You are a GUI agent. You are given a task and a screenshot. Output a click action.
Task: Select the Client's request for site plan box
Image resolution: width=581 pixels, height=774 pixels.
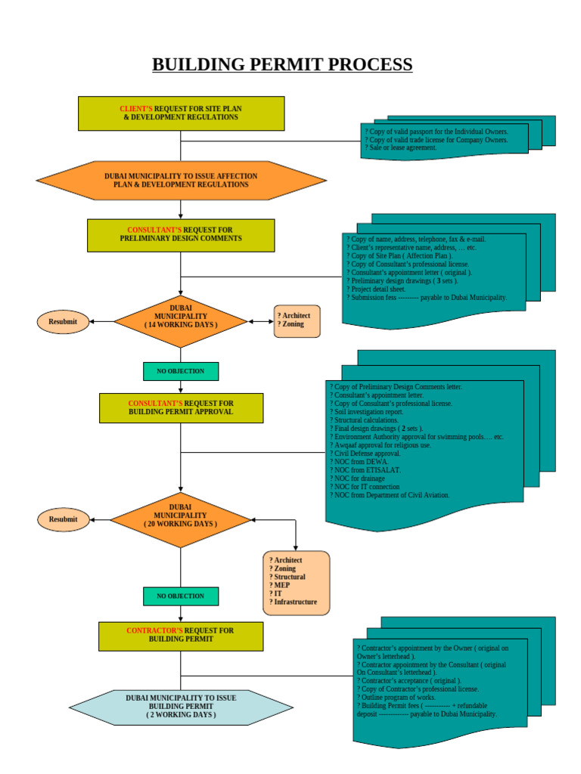181,113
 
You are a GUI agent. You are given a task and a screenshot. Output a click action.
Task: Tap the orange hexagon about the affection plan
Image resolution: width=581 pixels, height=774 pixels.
181,181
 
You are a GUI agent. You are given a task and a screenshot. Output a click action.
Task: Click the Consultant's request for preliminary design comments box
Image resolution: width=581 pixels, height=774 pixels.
181,235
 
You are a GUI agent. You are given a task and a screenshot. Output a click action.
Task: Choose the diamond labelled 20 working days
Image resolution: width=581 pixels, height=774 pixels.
181,519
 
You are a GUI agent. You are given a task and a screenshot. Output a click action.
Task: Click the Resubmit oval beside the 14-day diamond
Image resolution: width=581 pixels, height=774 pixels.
63,321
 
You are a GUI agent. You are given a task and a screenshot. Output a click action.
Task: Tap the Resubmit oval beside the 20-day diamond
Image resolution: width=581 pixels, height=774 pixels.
63,519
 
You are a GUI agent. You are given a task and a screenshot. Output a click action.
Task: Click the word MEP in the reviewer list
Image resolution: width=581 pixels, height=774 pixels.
279,585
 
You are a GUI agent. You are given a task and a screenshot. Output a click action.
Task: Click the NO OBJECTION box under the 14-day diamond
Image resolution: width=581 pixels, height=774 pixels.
181,371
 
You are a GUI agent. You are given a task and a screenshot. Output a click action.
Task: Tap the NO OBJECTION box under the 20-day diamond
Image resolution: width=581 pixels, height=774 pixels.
181,596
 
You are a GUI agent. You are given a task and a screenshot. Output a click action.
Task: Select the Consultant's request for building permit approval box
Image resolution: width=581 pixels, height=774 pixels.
181,408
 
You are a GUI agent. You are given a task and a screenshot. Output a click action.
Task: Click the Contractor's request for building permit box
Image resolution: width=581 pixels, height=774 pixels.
181,636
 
